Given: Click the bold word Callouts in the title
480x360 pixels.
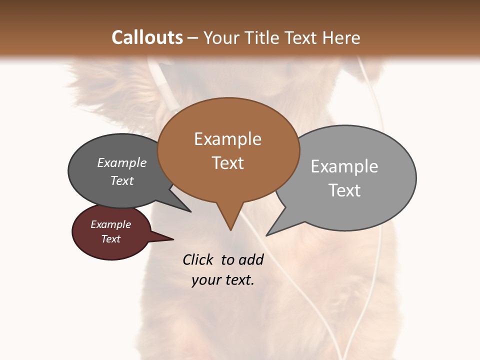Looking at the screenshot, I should [x=147, y=37].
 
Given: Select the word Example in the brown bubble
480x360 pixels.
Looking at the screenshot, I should [x=227, y=139].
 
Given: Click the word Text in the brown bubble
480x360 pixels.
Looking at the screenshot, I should [x=227, y=163].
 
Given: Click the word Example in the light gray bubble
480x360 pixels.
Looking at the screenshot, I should [x=344, y=166].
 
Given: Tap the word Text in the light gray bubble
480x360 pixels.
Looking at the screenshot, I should [x=344, y=190].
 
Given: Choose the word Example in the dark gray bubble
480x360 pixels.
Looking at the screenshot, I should [x=121, y=163].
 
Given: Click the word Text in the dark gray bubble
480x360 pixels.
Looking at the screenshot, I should [x=121, y=181].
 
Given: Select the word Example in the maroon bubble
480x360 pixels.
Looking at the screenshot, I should [x=110, y=224].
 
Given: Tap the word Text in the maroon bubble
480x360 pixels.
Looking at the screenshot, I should [x=110, y=239].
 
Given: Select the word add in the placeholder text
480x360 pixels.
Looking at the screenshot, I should [x=251, y=259].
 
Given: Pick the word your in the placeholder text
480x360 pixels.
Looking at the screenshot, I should [x=205, y=280].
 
